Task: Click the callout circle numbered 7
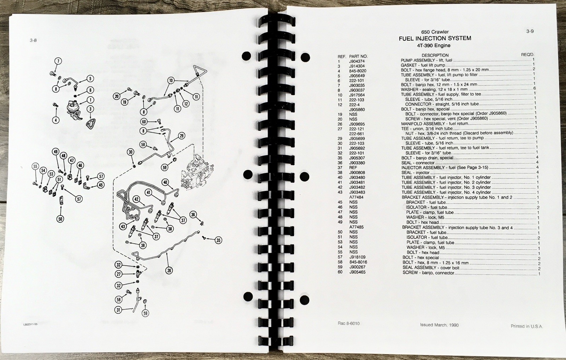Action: click(58, 61)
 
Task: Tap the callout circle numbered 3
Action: click(90, 109)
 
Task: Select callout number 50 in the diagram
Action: click(60, 219)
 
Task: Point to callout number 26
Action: click(169, 271)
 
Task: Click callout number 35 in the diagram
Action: click(218, 240)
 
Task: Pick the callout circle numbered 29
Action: click(182, 136)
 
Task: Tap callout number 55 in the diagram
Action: click(35, 167)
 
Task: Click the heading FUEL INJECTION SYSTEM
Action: click(435, 39)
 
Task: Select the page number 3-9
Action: click(530, 31)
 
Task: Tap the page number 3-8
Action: click(33, 40)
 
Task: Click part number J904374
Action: click(357, 61)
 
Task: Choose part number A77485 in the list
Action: click(356, 227)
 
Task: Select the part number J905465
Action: click(357, 272)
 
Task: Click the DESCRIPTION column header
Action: click(435, 55)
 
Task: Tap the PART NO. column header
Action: click(358, 56)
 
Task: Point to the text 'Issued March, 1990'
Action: click(439, 325)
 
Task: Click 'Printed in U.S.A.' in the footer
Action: click(527, 326)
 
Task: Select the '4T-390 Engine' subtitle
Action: click(434, 46)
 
